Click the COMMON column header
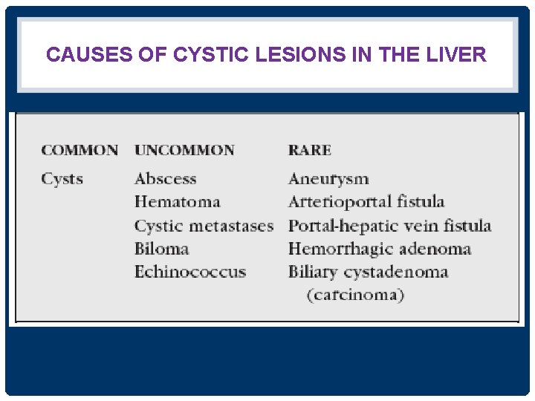[80, 150]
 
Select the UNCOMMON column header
[184, 150]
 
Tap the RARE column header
[310, 150]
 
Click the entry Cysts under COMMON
[62, 179]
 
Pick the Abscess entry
[166, 179]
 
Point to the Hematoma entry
[178, 202]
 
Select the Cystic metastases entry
[204, 226]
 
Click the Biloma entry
[161, 249]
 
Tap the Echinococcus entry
[190, 272]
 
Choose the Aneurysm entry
[328, 179]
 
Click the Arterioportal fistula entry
[366, 202]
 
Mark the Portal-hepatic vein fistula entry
[389, 226]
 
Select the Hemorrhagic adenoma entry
[380, 249]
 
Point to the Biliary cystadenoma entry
[368, 272]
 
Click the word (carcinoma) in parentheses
[356, 295]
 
